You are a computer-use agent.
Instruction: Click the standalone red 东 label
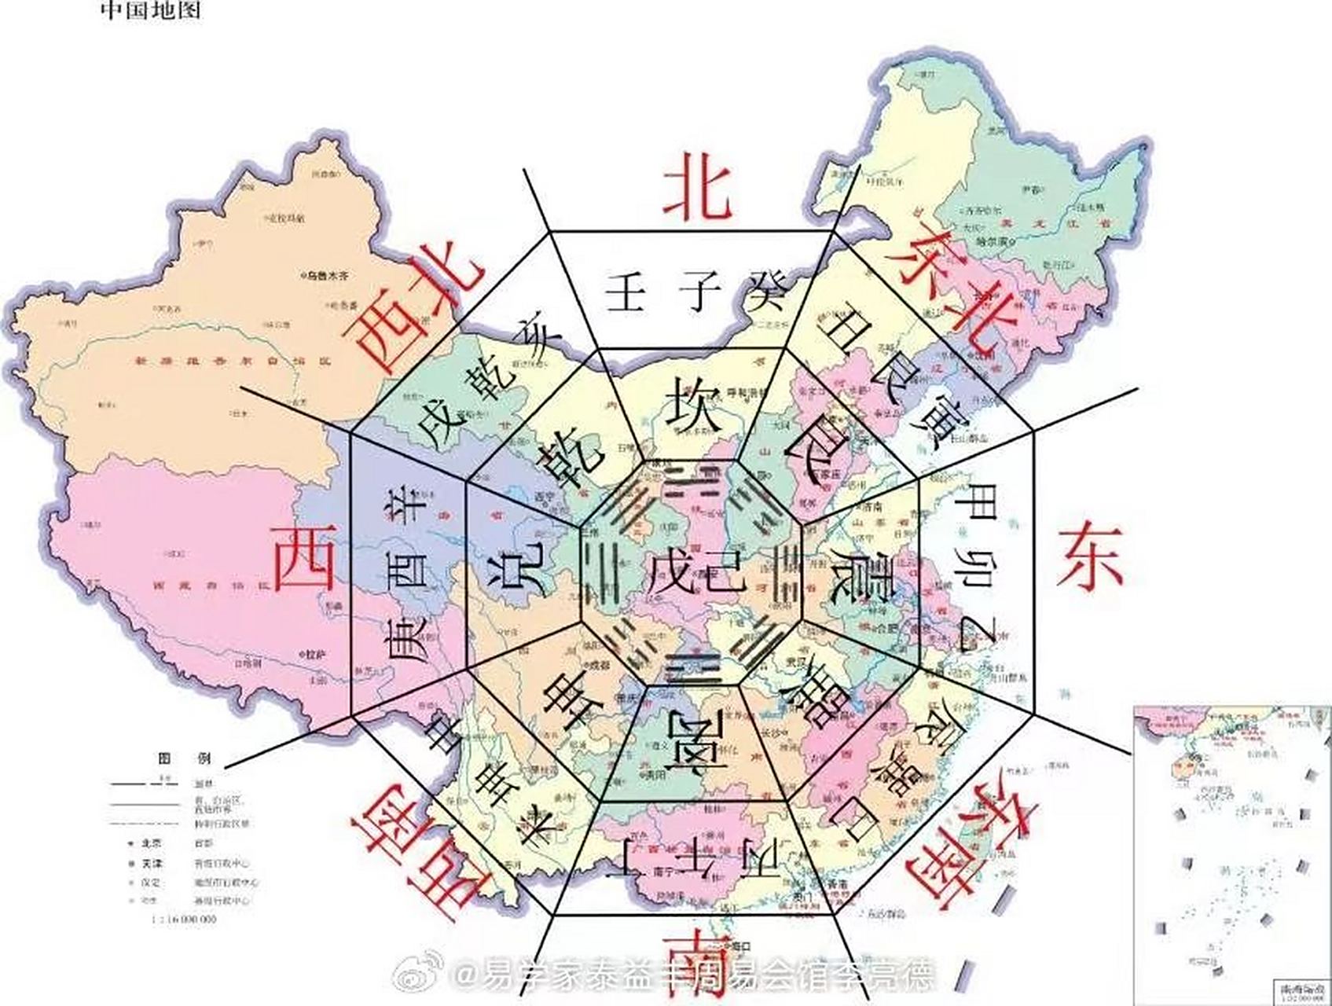(x=1088, y=557)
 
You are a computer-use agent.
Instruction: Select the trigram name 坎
(x=693, y=402)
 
